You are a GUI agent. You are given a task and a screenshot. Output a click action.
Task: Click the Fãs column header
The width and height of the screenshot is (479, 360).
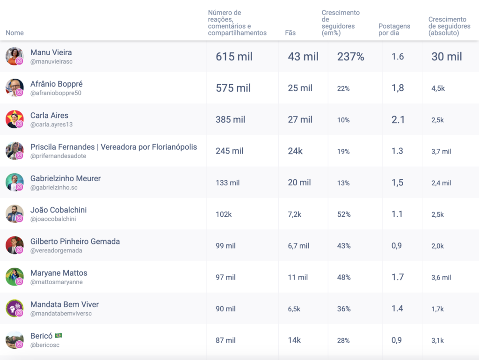point(290,33)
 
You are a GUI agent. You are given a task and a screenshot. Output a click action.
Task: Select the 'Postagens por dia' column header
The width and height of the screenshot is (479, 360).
point(394,29)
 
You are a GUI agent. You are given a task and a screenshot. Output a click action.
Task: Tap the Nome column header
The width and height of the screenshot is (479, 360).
point(15,33)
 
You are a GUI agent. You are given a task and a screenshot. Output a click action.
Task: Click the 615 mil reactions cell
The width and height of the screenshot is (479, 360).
point(234,57)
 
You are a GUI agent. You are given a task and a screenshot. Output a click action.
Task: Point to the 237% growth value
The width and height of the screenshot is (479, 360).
point(350,57)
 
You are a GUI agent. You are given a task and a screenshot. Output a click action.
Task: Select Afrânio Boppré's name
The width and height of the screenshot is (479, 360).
point(56,84)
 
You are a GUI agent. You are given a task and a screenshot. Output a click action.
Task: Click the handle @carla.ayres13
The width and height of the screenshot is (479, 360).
point(51,125)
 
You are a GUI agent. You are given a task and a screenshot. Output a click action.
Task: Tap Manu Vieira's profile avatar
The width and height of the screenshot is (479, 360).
point(14,56)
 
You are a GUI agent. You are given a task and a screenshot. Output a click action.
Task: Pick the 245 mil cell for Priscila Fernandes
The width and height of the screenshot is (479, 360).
point(229,151)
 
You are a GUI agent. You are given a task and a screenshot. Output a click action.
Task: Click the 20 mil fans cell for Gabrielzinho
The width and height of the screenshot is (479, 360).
point(299,183)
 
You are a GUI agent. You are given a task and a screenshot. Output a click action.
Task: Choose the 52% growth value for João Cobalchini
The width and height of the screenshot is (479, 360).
point(344,214)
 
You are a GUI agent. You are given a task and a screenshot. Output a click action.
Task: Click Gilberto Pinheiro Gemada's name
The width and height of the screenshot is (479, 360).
point(75,242)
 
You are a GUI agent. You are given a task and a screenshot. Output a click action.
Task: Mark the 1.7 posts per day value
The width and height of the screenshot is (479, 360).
point(398,277)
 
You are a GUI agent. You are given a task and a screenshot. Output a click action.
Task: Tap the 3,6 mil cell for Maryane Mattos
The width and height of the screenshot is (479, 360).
point(441,278)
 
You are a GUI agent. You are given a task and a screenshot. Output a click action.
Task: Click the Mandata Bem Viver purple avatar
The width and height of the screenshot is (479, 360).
point(14,309)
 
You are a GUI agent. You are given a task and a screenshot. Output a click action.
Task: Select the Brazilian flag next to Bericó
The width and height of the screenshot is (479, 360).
point(58,336)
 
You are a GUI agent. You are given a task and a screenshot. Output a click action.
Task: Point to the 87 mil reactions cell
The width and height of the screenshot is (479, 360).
point(225,340)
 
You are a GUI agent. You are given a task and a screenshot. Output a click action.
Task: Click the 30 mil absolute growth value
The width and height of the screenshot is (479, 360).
point(447,57)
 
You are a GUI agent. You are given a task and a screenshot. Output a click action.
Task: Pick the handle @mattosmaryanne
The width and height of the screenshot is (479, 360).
point(56,282)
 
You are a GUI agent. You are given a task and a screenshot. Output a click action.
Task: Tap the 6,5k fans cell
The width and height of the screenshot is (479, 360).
point(294,309)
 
